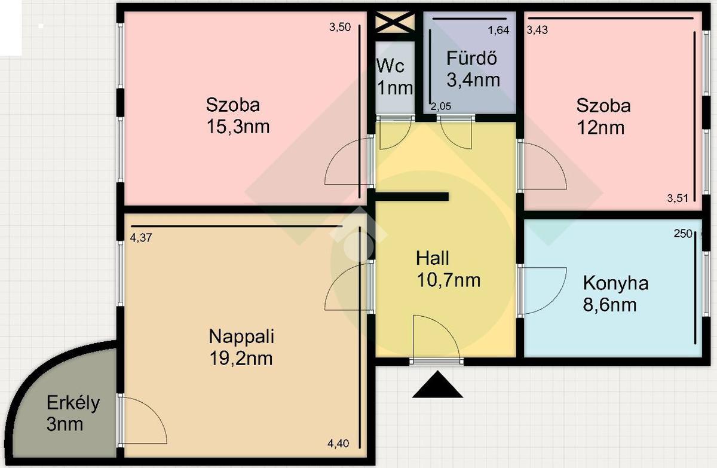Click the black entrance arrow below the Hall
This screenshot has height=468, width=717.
click(437, 384)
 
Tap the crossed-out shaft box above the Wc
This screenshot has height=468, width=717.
click(395, 22)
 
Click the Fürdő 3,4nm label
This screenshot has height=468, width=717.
click(473, 69)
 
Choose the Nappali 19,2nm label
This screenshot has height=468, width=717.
click(241, 347)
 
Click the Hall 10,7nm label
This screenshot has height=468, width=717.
click(448, 269)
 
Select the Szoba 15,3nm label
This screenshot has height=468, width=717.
click(238, 115)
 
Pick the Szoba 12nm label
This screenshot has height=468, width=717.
click(603, 117)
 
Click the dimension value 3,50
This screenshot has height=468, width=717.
click(340, 27)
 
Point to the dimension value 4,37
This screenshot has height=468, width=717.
click(141, 238)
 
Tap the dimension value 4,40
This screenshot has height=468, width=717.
click(338, 443)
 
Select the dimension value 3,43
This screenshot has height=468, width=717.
click(537, 30)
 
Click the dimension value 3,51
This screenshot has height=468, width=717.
click(678, 198)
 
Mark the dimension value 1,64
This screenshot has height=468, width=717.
click(498, 30)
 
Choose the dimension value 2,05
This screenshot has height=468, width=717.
click(441, 106)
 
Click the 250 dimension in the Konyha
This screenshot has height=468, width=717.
click(683, 234)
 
